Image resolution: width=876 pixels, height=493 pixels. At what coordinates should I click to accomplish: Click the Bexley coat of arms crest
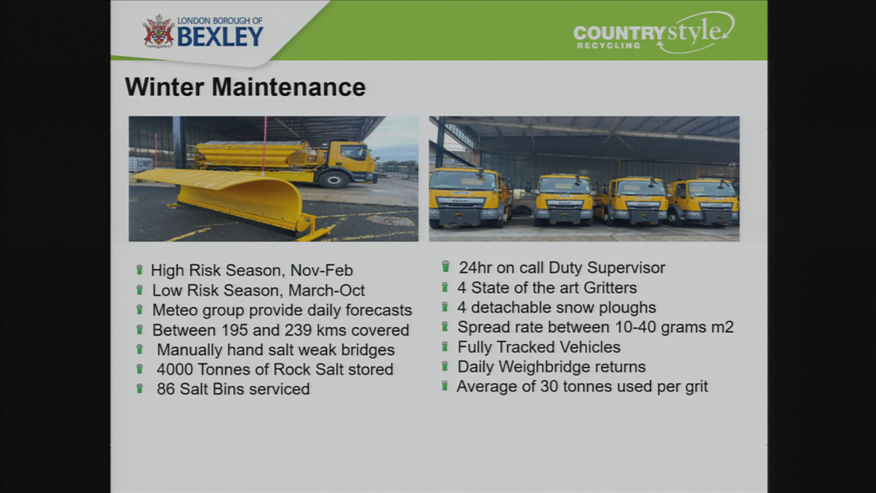click(158, 31)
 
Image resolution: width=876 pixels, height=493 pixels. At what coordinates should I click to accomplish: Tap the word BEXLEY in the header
click(220, 36)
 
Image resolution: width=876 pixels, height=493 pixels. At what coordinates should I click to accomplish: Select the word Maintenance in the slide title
click(289, 87)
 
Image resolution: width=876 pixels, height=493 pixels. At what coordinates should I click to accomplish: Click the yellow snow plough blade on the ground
click(228, 199)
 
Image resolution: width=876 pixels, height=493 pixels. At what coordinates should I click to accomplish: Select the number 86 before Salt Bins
click(166, 389)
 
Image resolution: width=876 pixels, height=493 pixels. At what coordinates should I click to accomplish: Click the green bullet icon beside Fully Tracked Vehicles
click(445, 347)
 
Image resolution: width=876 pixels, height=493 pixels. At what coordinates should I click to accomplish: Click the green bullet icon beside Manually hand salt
click(140, 350)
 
